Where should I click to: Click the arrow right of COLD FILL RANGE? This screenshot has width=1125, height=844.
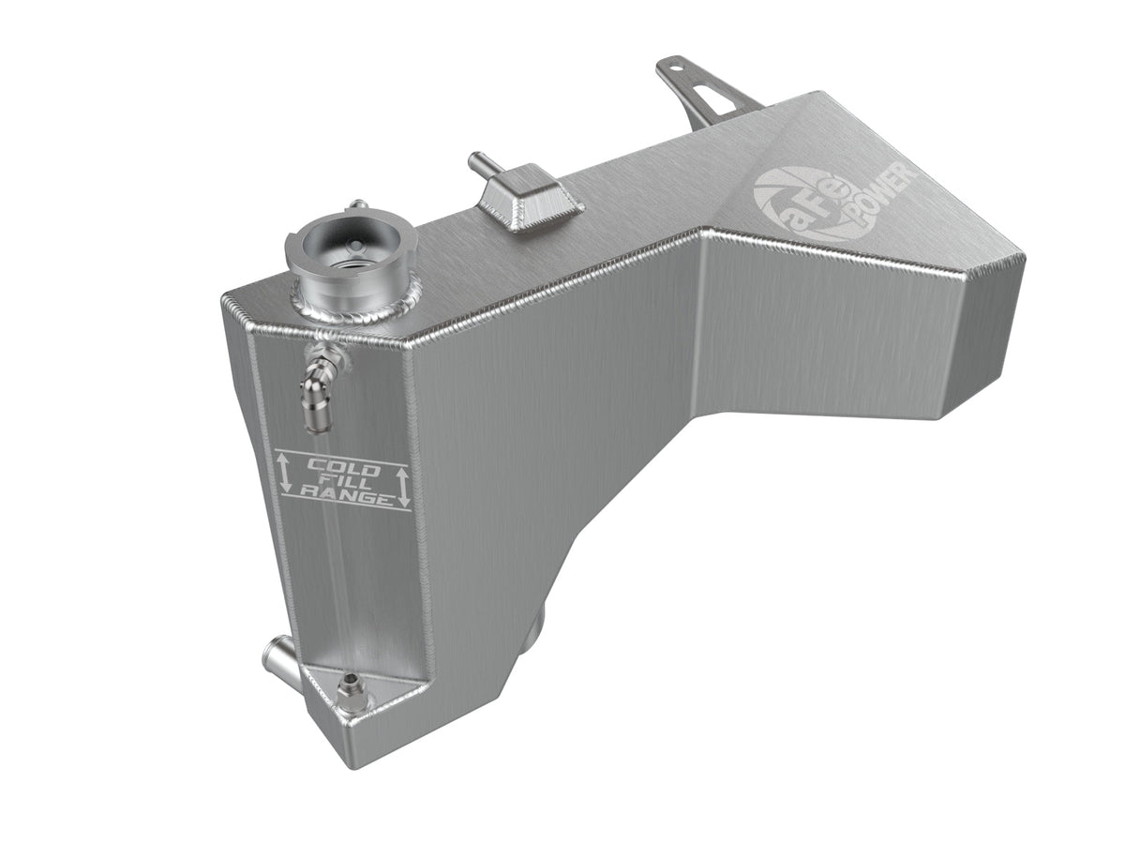[x=403, y=488]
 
